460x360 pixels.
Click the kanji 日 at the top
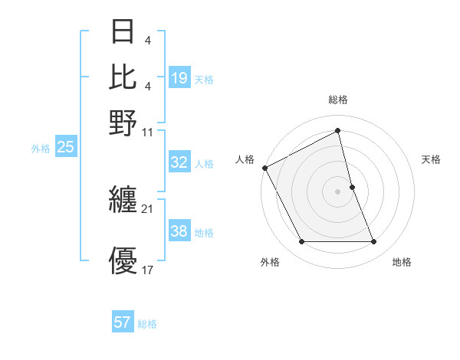(123, 33)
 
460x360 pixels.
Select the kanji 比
(123, 77)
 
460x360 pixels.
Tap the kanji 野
(123, 123)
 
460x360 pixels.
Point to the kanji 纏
(123, 201)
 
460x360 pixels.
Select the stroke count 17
(148, 270)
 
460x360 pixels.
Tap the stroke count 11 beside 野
(148, 132)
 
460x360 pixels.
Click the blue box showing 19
(179, 78)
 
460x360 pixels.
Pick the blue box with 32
(179, 162)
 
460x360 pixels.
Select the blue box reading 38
(179, 231)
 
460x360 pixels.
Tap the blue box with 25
(65, 147)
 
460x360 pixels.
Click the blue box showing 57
(123, 322)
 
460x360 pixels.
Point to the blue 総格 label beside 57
(147, 324)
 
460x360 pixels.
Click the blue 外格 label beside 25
(41, 149)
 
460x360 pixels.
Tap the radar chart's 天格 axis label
(432, 159)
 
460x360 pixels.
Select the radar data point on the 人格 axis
(264, 168)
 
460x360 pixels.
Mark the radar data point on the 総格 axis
(338, 131)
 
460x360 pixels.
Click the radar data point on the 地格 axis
(373, 242)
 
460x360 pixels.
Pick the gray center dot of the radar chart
(338, 191)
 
